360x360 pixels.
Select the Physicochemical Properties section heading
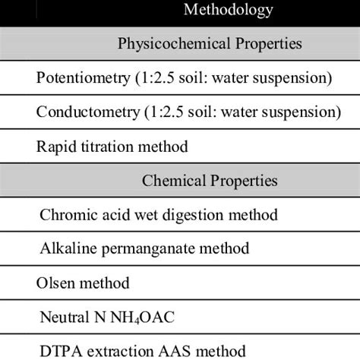(x=209, y=44)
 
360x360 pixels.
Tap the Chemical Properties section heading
(x=209, y=181)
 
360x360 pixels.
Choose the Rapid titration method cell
(x=112, y=146)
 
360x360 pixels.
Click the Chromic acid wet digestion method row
(x=157, y=215)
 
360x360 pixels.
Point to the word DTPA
(x=58, y=351)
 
